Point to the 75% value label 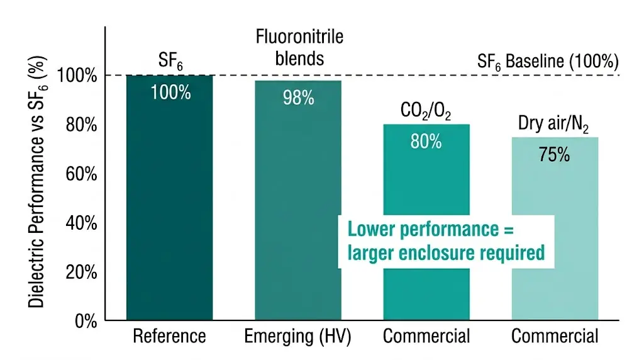[554, 154]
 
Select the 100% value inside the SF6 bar [170, 92]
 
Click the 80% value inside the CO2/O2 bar [426, 141]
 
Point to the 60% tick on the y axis [81, 174]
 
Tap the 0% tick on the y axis [86, 321]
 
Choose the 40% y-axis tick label [81, 223]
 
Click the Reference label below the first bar [169, 337]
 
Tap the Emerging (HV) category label [297, 337]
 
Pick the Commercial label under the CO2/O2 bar [426, 337]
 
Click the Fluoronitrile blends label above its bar [299, 47]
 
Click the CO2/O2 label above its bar [426, 111]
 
